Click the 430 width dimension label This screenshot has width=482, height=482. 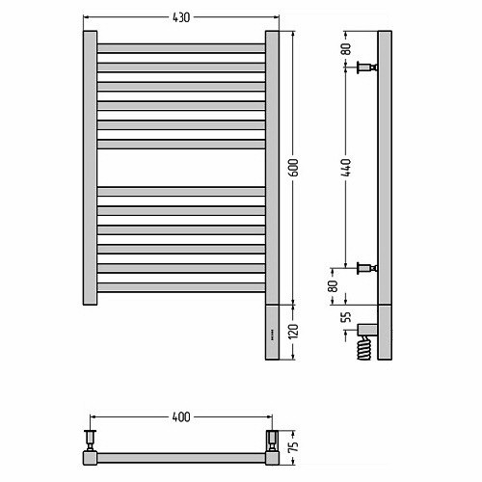(181, 17)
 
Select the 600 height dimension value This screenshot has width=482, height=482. (293, 168)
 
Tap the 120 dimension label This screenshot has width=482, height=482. (293, 331)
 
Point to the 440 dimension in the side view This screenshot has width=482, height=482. (346, 168)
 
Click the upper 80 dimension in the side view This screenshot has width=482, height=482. (346, 48)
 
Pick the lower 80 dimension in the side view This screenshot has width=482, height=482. (333, 286)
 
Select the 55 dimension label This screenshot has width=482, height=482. (346, 317)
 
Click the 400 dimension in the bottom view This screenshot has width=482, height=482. (181, 416)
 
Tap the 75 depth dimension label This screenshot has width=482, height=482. (294, 445)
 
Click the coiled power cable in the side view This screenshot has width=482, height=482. (364, 348)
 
